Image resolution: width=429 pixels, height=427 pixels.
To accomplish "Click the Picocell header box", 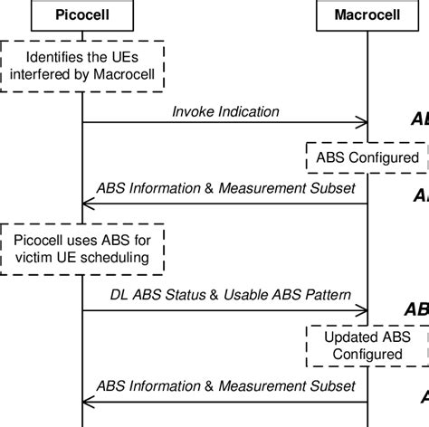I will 82,15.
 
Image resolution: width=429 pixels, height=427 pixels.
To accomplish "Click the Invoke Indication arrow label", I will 225,110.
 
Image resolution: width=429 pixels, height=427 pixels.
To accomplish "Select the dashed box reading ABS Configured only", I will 367,157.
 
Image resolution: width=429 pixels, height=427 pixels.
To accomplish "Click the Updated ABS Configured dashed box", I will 367,346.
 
